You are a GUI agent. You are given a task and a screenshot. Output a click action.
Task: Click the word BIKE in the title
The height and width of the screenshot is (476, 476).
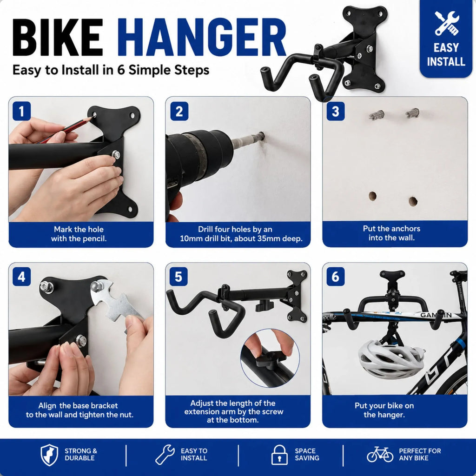pos(58,37)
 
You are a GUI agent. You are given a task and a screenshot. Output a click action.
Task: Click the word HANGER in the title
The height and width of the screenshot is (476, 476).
pos(202,37)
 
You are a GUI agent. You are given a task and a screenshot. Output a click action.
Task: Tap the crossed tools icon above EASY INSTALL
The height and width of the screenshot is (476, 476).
pos(446,23)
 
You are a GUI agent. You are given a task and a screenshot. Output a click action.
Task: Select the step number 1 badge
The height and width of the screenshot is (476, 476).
pos(21,111)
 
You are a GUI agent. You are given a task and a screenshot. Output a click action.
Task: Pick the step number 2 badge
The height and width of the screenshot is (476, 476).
pos(179,111)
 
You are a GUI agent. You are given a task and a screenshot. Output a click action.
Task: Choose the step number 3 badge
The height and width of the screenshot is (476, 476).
pos(336,111)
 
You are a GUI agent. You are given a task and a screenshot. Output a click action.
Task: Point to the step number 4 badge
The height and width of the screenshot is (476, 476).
pos(21,277)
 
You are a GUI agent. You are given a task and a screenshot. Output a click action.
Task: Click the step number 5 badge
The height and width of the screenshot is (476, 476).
pos(179,277)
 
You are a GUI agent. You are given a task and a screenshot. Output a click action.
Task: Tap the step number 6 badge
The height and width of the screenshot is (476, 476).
pos(336,277)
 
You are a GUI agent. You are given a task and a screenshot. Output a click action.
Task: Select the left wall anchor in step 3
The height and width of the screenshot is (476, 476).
pos(377,115)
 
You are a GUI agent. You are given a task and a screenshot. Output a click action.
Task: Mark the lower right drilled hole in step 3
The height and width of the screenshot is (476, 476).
pos(413,201)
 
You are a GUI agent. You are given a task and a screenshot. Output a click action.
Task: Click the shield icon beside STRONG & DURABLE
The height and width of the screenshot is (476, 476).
pos(49,455)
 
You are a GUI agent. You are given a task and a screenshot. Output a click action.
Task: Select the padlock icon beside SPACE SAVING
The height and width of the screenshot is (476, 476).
pos(279,455)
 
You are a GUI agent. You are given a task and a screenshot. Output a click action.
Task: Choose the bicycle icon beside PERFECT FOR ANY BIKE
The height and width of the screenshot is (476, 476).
pos(380,454)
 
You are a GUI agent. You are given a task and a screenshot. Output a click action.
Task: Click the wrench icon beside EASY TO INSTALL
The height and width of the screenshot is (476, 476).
pos(165,455)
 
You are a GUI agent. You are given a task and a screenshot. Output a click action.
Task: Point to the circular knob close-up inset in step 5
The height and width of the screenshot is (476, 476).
pos(270,358)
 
